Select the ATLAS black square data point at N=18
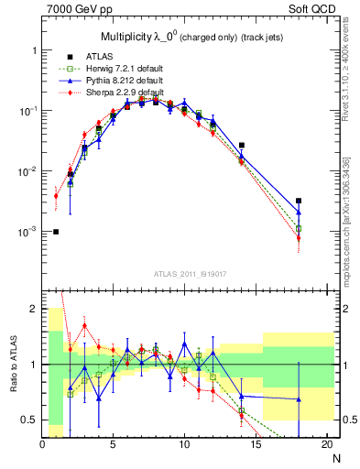pyautogui.click(x=299, y=201)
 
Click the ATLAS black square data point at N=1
pyautogui.click(x=57, y=232)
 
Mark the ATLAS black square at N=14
pyautogui.click(x=242, y=145)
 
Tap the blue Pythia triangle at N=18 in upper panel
pyautogui.click(x=299, y=213)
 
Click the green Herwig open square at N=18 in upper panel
pyautogui.click(x=299, y=228)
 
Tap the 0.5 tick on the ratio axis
pyautogui.click(x=31, y=420)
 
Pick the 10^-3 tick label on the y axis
pyautogui.click(x=27, y=233)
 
